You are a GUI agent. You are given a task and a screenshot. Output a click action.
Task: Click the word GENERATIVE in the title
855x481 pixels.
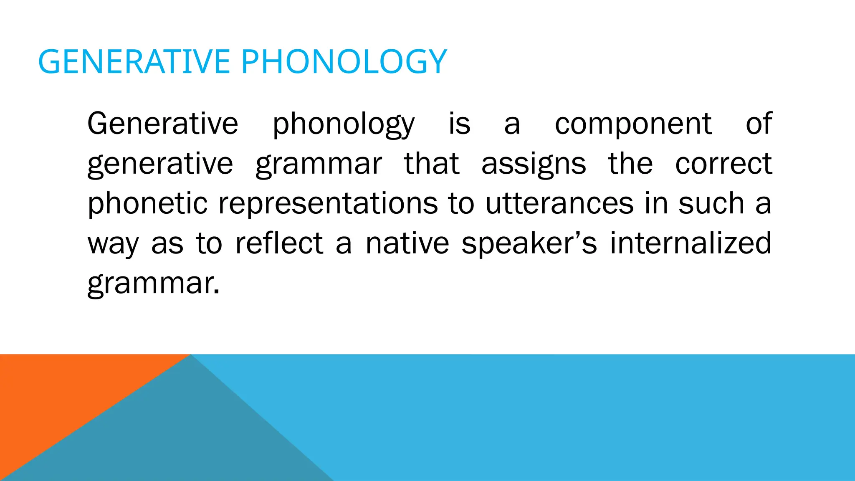click(x=134, y=62)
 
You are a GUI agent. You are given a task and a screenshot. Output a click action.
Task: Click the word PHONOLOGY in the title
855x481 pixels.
click(x=344, y=62)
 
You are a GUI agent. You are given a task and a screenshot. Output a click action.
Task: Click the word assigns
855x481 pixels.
click(x=534, y=165)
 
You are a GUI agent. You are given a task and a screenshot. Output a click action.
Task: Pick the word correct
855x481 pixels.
click(x=723, y=164)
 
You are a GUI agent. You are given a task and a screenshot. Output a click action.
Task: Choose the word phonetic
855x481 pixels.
click(x=147, y=204)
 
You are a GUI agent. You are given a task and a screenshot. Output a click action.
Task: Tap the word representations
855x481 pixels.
click(x=328, y=204)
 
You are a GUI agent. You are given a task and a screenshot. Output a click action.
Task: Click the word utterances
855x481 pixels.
click(x=559, y=204)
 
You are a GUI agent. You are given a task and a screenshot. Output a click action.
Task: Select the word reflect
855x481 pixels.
click(x=279, y=243)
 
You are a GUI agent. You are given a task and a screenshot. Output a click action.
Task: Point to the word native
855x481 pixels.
click(x=407, y=243)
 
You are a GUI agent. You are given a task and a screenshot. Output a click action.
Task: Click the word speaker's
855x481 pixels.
click(x=529, y=244)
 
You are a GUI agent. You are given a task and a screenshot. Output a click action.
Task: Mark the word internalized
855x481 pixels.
click(x=690, y=243)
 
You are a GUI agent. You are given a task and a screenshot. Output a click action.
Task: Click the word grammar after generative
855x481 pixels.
click(x=319, y=165)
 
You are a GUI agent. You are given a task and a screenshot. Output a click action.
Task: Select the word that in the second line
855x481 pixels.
click(x=431, y=164)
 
